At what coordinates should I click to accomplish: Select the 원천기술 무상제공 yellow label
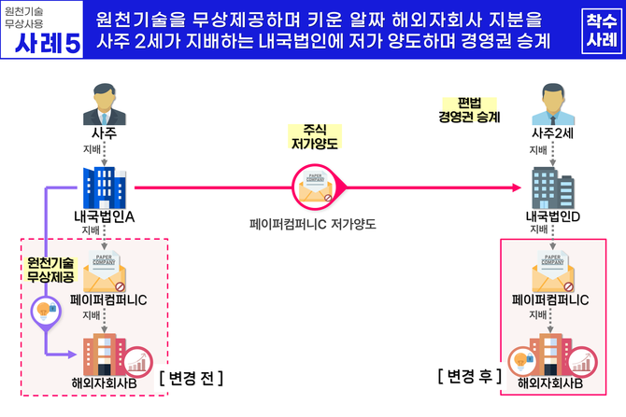click(50, 271)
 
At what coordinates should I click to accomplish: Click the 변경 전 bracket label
click(191, 378)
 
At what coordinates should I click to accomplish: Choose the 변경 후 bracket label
click(470, 378)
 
